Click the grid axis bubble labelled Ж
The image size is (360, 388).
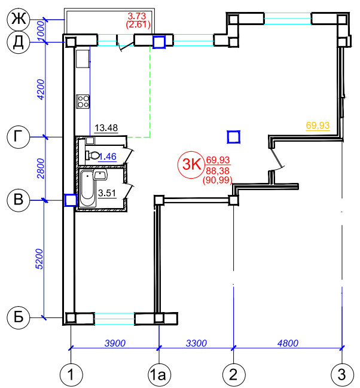[19, 19]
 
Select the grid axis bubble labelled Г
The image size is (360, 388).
[19, 137]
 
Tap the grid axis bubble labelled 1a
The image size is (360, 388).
[159, 375]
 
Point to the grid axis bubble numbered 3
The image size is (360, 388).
[342, 375]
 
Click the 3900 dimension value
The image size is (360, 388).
[115, 343]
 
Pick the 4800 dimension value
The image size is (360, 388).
[288, 343]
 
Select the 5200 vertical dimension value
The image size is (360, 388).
[39, 259]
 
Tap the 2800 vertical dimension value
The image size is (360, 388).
[41, 169]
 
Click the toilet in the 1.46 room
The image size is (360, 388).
[92, 155]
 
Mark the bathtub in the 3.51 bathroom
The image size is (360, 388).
[87, 188]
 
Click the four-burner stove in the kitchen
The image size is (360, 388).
[83, 102]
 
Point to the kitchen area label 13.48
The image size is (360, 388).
[106, 128]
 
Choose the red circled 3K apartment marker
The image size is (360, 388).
[191, 164]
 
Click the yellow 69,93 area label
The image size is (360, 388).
[318, 125]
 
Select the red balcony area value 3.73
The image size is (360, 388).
[137, 16]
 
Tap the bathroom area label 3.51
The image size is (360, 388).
[107, 193]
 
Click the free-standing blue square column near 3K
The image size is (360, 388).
[233, 137]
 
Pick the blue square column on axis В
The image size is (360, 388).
[71, 200]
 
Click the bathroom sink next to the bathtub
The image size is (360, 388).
[100, 175]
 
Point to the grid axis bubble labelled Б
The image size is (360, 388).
[19, 317]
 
